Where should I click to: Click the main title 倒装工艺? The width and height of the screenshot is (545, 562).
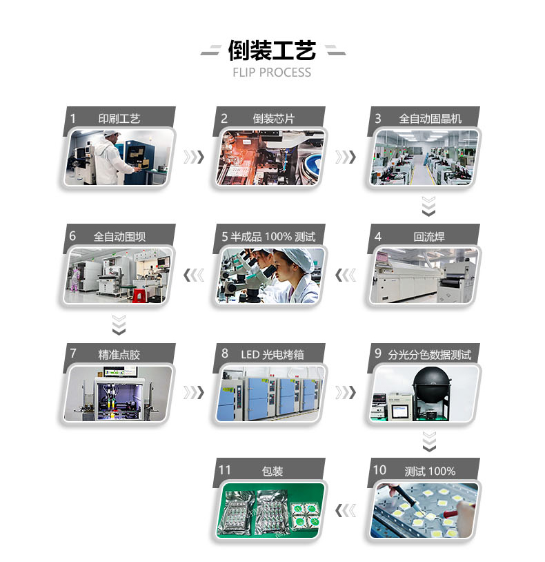tap(272, 50)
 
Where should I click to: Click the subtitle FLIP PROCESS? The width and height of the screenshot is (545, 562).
tap(272, 72)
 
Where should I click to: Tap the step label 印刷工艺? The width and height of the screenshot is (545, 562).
tap(119, 119)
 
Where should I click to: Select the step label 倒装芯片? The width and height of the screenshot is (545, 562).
tap(274, 119)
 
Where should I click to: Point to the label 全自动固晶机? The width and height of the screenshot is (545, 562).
tap(430, 119)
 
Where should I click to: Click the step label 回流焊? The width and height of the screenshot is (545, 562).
tap(429, 237)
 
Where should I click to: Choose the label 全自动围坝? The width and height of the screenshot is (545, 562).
tap(119, 237)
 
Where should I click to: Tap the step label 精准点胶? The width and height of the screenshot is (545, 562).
tap(119, 354)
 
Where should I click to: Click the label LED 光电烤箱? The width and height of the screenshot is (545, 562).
tap(272, 354)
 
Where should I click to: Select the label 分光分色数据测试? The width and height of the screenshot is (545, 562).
tap(430, 354)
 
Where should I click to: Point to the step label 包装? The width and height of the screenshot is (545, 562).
tap(272, 471)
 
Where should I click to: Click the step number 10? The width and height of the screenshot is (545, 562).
tap(379, 470)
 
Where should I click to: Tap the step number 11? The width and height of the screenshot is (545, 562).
tap(224, 470)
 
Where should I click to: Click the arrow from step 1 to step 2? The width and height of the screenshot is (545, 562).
tap(194, 157)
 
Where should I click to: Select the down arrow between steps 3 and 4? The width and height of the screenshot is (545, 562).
tap(428, 206)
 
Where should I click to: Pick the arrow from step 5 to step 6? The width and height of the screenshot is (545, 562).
tap(194, 275)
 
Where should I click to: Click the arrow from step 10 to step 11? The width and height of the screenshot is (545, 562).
tap(346, 510)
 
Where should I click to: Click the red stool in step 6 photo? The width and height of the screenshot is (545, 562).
tap(138, 295)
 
